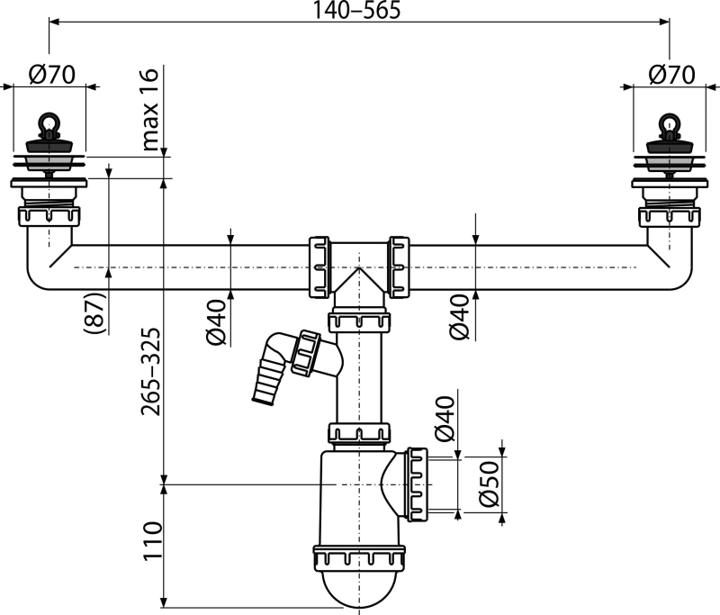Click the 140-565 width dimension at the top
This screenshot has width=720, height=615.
pyautogui.click(x=356, y=10)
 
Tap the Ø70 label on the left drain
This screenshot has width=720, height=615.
pyautogui.click(x=51, y=77)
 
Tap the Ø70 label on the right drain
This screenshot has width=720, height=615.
pyautogui.click(x=670, y=77)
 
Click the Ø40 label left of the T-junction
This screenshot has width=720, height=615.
pyautogui.click(x=216, y=322)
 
